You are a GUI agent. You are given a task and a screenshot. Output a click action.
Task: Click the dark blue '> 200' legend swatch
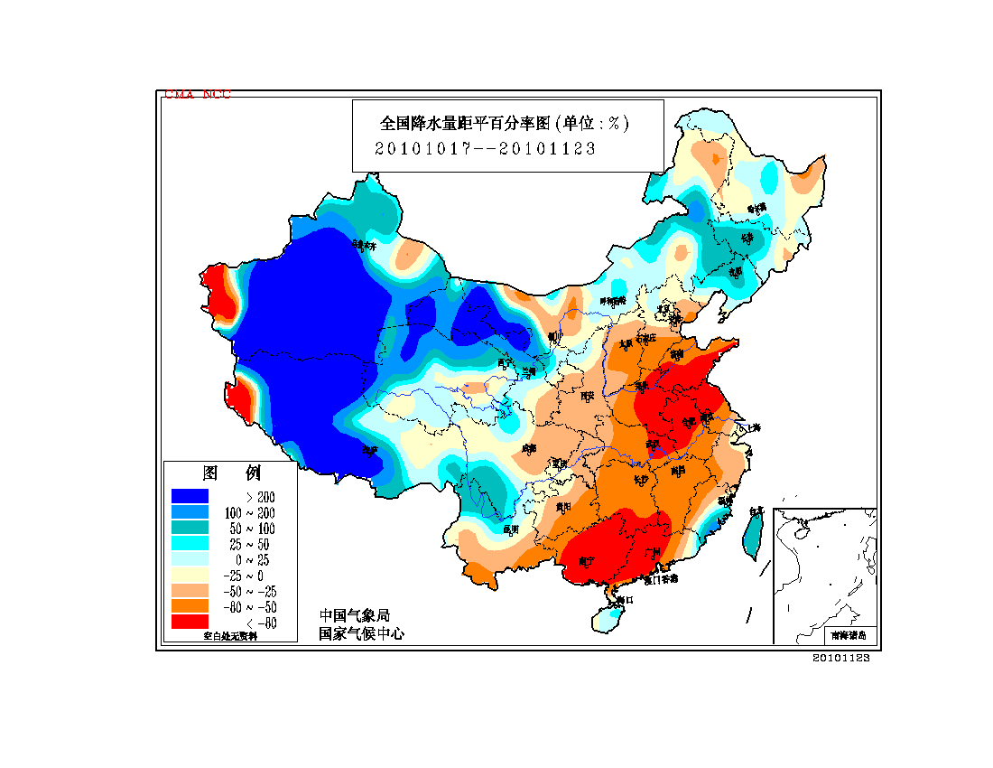coord(190,496)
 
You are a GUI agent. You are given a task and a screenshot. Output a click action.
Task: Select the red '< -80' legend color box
coord(190,622)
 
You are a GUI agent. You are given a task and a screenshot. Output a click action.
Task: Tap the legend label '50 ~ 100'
coord(255,528)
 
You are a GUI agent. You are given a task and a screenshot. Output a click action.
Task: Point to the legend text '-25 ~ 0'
coord(255,575)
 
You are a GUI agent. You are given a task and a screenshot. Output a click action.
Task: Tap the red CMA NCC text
coord(197,94)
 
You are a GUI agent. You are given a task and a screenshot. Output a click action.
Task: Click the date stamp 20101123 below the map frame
coord(840,658)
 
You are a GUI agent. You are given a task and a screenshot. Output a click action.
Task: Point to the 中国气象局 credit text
coord(354,615)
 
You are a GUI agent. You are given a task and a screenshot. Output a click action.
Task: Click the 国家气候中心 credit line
coord(361,633)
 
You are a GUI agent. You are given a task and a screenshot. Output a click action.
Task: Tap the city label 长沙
coord(641,480)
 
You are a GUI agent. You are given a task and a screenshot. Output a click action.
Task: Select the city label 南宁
coord(586,562)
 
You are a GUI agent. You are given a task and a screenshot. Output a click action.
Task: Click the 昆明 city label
coord(511,529)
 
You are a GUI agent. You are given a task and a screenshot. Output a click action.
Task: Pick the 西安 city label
coord(587,396)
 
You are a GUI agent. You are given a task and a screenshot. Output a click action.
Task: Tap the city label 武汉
coord(652,445)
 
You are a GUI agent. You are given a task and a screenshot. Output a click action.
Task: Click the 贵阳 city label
coord(564,507)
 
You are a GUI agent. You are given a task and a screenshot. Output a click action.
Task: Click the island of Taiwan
coord(751,533)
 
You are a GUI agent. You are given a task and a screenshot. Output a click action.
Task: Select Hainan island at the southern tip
coord(608,616)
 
